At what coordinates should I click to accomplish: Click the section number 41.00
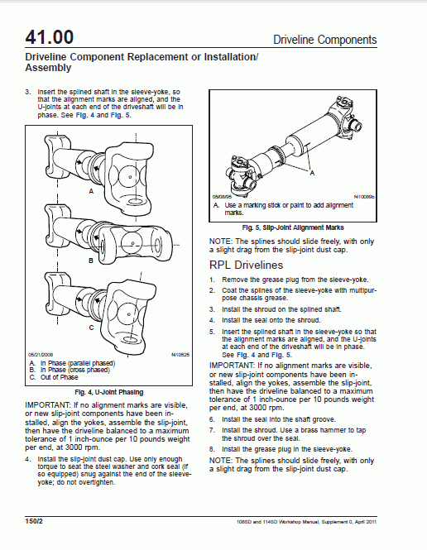[50, 37]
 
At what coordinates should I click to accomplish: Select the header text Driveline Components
[324, 40]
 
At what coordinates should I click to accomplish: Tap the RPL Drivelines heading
[258, 265]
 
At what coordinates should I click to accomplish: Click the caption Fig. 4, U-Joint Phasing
[108, 391]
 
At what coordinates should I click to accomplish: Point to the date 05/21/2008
[41, 355]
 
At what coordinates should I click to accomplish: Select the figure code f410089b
[365, 197]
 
